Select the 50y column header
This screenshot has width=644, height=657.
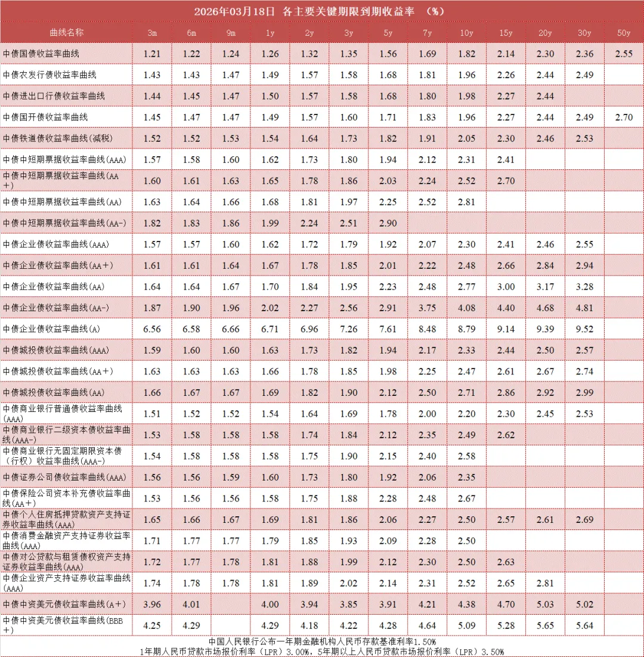tap(624, 33)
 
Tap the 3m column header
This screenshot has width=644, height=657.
tap(152, 33)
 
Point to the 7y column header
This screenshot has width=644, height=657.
tap(428, 33)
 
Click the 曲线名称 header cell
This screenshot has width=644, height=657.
tap(67, 32)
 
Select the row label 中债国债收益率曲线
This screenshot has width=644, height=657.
tap(41, 54)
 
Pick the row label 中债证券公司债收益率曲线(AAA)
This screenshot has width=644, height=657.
tap(64, 478)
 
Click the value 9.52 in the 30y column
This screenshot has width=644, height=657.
tap(584, 329)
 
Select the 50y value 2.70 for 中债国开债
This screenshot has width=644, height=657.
tap(624, 117)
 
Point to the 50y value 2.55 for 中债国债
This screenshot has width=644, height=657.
tap(624, 54)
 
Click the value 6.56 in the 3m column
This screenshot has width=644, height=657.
tap(152, 329)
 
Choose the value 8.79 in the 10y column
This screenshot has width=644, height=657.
tap(467, 329)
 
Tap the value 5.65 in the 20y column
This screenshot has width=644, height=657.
tap(545, 626)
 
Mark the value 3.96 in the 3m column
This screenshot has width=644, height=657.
tap(152, 605)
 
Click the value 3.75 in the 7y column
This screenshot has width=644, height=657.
tap(428, 308)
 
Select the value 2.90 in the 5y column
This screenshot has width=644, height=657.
tap(388, 223)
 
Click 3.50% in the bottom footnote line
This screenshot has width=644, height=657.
tap(492, 651)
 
